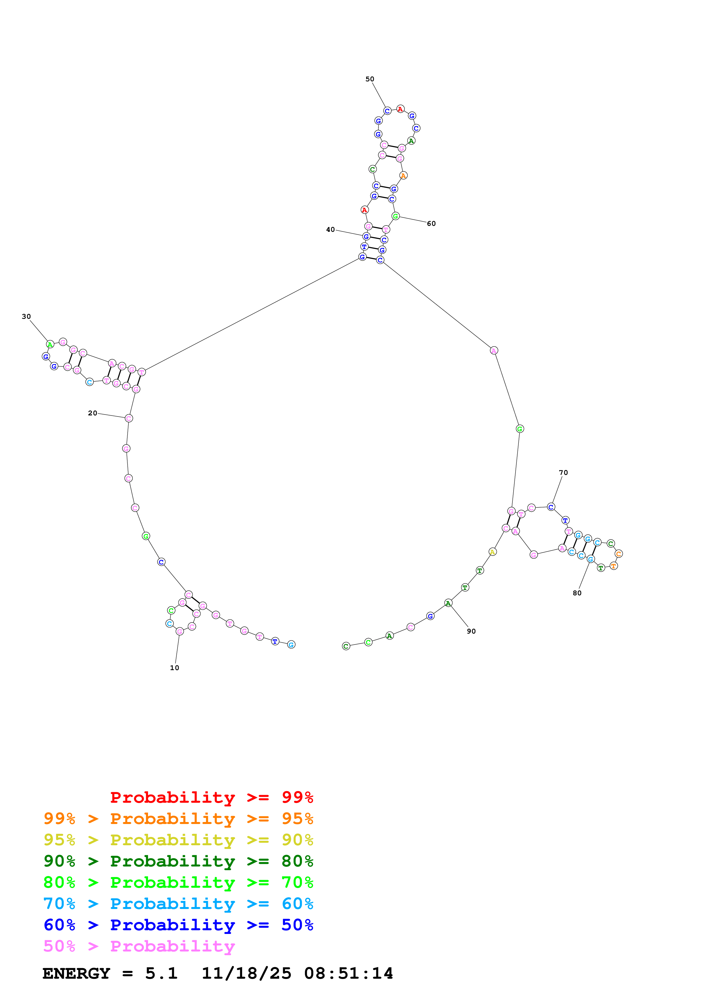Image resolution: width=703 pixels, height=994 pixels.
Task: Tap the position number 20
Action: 93,413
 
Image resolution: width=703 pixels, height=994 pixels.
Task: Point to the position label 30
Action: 26,317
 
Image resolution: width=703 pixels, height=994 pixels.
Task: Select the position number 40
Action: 330,230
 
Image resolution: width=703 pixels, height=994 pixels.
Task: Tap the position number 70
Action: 563,472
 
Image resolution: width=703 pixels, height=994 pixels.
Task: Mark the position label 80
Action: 577,593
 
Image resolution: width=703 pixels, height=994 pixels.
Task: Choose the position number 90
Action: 471,631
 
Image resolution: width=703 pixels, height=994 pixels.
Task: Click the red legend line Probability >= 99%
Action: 211,797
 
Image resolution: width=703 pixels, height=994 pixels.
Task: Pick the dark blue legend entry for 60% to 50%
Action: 178,925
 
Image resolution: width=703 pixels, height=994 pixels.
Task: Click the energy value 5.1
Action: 161,973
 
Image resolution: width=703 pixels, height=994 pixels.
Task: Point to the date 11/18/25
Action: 246,973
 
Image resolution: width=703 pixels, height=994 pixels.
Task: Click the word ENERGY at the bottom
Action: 76,973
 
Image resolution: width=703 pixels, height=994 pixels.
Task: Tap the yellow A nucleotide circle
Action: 493,552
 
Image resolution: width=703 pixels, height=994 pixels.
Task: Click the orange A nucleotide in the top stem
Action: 403,175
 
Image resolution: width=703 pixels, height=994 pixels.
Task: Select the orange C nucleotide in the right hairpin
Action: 618,554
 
